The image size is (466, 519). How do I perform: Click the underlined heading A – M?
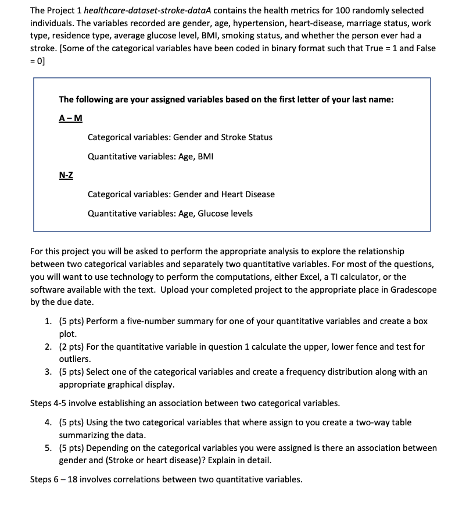(x=71, y=118)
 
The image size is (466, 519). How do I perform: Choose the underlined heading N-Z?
(x=66, y=175)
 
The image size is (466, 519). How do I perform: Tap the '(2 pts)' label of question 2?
(x=73, y=347)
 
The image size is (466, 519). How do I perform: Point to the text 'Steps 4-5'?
(x=48, y=403)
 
